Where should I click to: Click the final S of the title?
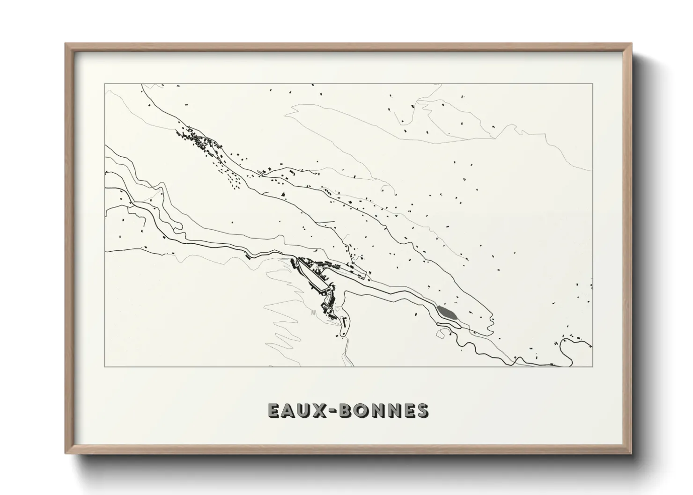point(422,410)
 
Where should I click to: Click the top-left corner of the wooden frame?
point(66,44)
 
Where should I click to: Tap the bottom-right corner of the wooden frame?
point(631,453)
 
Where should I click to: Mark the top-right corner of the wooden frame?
point(631,44)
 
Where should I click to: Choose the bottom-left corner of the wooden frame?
point(66,453)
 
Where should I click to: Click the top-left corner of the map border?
point(104,84)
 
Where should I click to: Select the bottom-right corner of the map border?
point(592,366)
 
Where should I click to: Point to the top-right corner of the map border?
point(592,84)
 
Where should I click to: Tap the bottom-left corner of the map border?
point(104,366)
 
